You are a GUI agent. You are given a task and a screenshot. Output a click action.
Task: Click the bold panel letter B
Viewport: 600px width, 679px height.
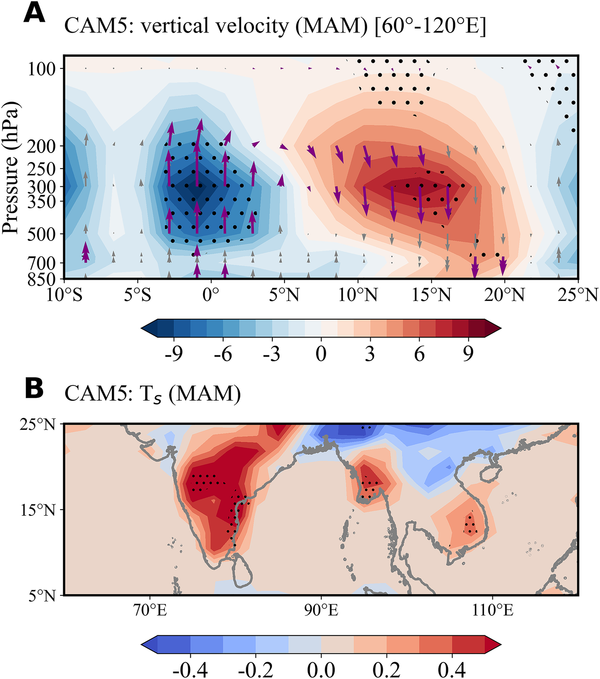tap(34, 388)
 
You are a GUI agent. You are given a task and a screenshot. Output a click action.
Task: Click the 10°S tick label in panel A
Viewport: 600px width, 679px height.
tap(64, 295)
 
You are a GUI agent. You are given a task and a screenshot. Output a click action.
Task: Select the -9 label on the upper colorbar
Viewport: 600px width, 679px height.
tap(173, 354)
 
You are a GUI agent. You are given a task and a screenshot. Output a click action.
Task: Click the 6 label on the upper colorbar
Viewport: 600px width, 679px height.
tap(419, 354)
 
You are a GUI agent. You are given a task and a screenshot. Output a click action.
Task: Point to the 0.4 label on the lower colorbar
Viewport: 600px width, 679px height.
tap(452, 669)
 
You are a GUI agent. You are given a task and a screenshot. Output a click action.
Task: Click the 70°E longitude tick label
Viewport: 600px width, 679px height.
tap(150, 610)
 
